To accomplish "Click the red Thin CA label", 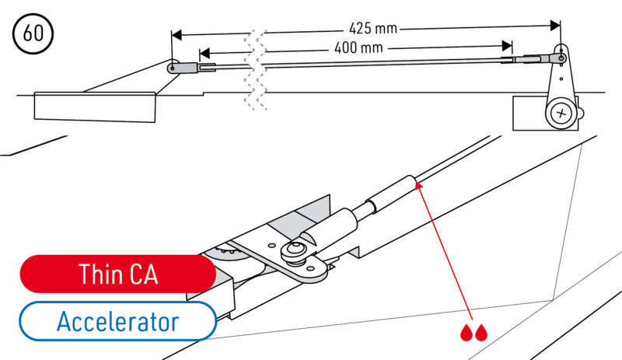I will click(x=118, y=274).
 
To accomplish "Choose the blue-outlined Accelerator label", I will click(x=117, y=320).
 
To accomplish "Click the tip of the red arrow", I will click(x=417, y=185).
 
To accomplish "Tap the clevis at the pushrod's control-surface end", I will click(x=184, y=68).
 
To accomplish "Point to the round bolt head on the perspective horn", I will click(x=296, y=250).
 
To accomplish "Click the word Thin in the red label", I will click(x=99, y=274).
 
